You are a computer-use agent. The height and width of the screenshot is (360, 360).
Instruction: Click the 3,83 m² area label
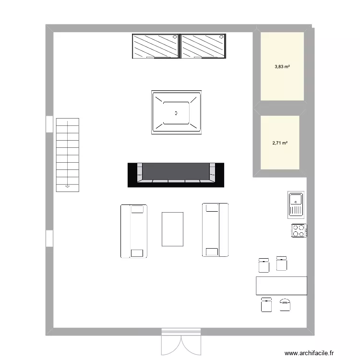282,67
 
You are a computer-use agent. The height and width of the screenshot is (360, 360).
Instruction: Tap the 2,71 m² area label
280,143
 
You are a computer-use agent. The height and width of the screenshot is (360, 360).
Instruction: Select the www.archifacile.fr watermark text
308,353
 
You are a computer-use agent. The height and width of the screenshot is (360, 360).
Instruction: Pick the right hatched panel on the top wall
203,46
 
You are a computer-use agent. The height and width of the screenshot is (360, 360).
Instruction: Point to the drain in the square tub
176,113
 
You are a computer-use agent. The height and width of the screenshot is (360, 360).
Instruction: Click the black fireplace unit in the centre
176,174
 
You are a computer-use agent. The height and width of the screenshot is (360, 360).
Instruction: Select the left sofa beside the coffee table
133,231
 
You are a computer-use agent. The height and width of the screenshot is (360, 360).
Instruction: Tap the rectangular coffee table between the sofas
173,229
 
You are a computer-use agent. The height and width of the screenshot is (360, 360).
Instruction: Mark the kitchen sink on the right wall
296,204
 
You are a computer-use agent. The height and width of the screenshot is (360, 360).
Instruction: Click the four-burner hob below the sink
299,230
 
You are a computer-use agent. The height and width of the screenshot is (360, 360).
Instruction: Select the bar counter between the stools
281,285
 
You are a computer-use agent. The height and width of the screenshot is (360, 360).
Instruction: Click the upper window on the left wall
49,123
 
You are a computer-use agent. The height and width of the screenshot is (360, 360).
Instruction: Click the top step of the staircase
67,123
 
